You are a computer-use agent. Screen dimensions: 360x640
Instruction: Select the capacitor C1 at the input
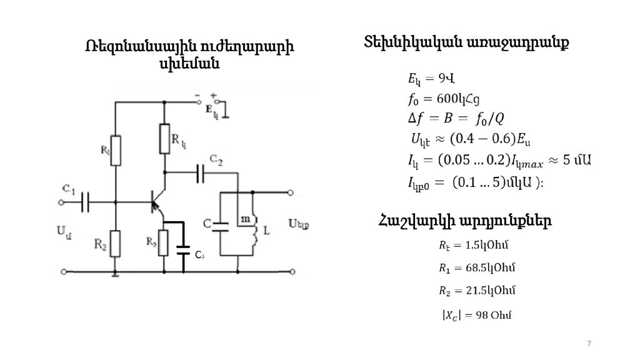(x=86, y=202)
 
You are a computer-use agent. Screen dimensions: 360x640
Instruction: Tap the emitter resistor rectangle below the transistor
(x=163, y=242)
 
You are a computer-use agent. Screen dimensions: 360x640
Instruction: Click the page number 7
(x=588, y=344)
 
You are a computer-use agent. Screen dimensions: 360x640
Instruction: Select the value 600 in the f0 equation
(x=449, y=98)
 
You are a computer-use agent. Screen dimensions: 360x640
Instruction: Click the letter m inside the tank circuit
(x=245, y=219)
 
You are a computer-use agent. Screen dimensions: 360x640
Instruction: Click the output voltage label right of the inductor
(x=299, y=223)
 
